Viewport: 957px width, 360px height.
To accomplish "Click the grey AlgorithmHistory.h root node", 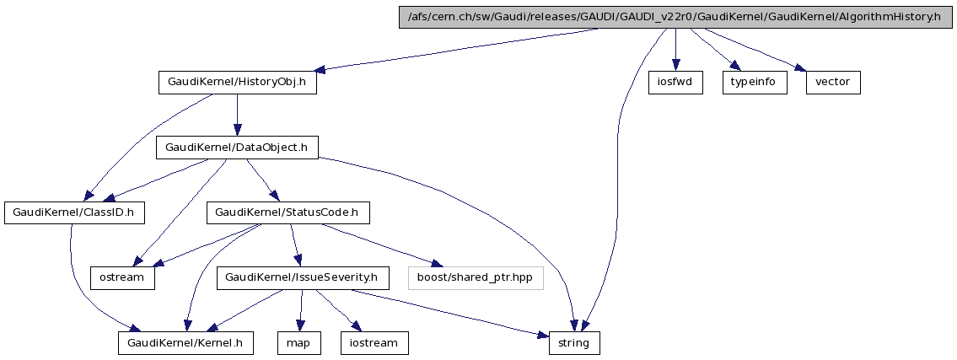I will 675,17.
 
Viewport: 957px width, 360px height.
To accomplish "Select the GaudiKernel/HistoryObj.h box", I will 237,83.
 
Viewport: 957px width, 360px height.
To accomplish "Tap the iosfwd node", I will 675,83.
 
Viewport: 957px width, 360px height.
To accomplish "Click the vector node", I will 833,83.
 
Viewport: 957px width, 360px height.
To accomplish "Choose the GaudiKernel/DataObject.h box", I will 237,148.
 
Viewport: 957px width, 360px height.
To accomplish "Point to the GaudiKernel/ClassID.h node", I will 74,212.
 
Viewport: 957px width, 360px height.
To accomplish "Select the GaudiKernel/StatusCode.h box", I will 288,212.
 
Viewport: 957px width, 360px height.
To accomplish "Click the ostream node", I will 123,277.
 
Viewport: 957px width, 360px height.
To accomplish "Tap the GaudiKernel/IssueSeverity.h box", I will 301,277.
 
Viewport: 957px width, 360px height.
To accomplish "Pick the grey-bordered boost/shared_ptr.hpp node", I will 476,277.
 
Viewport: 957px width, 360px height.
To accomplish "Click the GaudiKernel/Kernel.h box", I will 185,342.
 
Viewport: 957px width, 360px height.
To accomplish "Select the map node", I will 299,342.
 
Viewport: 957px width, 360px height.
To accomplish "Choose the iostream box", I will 374,342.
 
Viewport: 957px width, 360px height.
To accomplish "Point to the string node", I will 575,342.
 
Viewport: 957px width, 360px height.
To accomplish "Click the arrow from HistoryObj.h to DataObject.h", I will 237,115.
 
